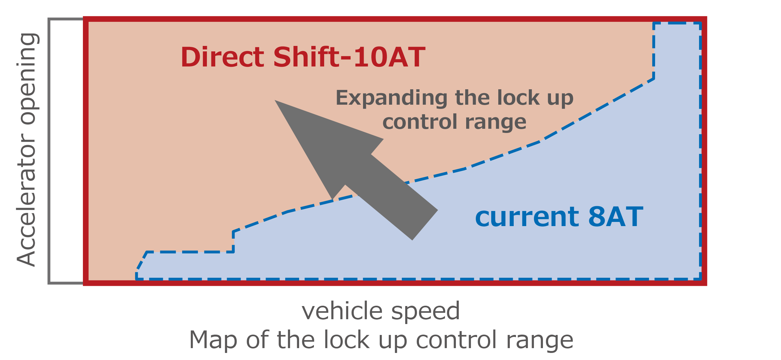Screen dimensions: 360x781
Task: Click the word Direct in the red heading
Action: (222, 57)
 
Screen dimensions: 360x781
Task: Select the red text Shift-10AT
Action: (349, 57)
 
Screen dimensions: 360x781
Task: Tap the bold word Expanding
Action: (391, 98)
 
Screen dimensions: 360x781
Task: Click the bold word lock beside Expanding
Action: (518, 98)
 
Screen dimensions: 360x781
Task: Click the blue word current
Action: (527, 217)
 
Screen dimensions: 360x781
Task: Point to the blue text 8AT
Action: (616, 217)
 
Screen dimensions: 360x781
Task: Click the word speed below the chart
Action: (426, 311)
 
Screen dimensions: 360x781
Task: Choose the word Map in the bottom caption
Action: (213, 340)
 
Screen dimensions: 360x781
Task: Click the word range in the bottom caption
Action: (540, 340)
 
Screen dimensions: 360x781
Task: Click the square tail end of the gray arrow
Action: (425, 225)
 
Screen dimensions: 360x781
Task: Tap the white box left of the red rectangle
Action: (67, 151)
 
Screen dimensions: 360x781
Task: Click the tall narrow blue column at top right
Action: (677, 51)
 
